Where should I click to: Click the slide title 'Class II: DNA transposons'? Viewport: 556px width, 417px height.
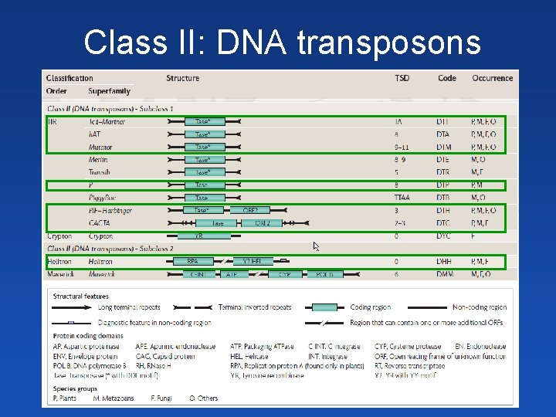click(x=282, y=42)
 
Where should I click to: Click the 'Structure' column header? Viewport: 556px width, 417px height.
click(x=182, y=78)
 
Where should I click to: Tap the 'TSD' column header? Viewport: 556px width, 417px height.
click(x=402, y=78)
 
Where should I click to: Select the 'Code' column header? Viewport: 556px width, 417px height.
click(x=446, y=78)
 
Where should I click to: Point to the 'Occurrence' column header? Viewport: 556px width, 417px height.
click(x=492, y=78)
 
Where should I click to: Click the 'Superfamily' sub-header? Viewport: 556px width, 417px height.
click(x=109, y=91)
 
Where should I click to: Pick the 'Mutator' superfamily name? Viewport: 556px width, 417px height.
click(x=100, y=147)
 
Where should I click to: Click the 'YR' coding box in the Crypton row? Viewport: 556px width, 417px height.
click(x=198, y=236)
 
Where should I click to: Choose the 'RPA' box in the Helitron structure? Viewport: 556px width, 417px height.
click(x=193, y=262)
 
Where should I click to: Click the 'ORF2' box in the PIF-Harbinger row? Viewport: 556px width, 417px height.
click(x=250, y=210)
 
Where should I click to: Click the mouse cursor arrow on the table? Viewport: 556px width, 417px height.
click(x=316, y=246)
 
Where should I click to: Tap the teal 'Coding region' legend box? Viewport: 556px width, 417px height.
click(x=334, y=307)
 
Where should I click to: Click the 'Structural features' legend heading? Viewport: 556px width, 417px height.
click(x=81, y=295)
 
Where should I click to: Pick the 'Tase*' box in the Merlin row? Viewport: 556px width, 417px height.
click(x=203, y=160)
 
